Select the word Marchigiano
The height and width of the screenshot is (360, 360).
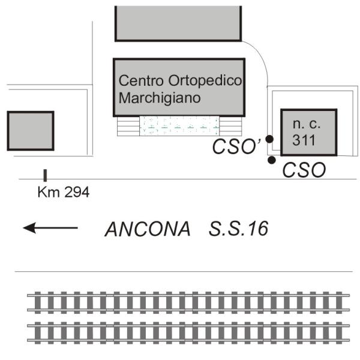[158, 97]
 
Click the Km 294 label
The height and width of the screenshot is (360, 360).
[63, 193]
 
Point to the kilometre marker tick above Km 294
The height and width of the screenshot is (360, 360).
[45, 175]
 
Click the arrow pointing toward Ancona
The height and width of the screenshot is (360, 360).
[50, 227]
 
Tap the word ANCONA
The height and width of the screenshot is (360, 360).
[148, 229]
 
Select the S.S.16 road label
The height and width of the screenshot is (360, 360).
[238, 229]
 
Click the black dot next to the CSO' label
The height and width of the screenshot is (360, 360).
[270, 139]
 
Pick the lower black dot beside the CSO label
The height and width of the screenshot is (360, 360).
[272, 160]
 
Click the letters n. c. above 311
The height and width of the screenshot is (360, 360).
[307, 124]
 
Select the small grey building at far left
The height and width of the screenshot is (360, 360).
[31, 130]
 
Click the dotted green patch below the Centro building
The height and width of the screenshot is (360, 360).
[179, 125]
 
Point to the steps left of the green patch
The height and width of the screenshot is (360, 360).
[128, 125]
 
